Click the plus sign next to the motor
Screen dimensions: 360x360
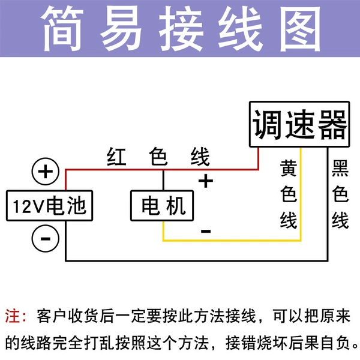click(x=205, y=181)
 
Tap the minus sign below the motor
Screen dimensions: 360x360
click(x=206, y=231)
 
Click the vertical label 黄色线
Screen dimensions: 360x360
click(x=289, y=194)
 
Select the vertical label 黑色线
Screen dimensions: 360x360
click(x=340, y=194)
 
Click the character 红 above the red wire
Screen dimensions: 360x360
click(x=116, y=157)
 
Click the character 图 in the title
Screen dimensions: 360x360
click(x=300, y=29)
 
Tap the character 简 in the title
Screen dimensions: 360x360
click(x=62, y=29)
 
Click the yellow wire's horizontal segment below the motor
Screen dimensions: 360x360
click(x=232, y=241)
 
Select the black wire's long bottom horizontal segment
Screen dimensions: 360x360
click(x=197, y=260)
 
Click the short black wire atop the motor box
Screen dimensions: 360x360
click(x=163, y=180)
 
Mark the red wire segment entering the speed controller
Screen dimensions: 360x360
click(x=258, y=158)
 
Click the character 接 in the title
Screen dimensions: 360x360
click(x=181, y=29)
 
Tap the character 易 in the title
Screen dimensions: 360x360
click(x=121, y=29)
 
